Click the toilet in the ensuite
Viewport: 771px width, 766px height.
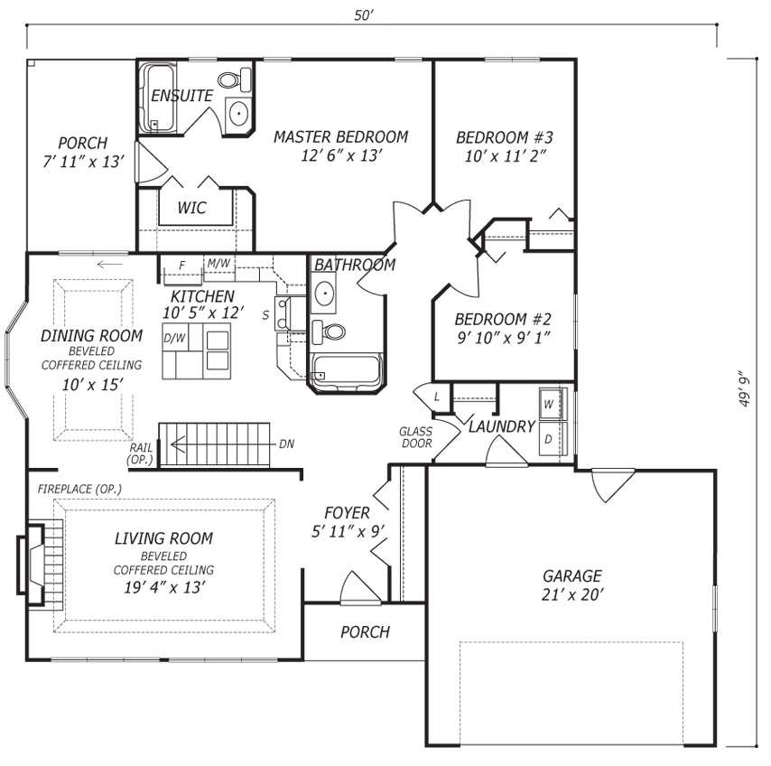tap(235, 79)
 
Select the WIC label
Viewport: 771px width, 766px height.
tap(191, 208)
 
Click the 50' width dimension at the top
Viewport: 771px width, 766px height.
tap(364, 15)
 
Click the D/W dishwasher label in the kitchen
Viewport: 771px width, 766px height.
tap(174, 338)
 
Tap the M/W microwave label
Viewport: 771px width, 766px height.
tap(218, 263)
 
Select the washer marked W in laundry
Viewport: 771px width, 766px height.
tap(553, 404)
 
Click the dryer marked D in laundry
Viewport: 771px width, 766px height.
tap(553, 438)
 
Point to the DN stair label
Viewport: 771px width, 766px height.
tap(286, 444)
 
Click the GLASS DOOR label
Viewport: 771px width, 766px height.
tap(416, 437)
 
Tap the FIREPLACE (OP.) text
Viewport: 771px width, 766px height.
tap(79, 489)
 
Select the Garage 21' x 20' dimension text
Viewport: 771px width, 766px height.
tap(571, 594)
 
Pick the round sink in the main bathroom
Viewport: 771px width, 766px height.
tap(325, 294)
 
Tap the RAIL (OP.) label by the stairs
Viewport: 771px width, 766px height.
tap(141, 454)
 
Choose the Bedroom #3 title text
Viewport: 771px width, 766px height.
tap(505, 136)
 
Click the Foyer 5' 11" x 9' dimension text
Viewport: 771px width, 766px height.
tap(348, 531)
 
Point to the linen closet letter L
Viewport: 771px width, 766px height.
tap(437, 397)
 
